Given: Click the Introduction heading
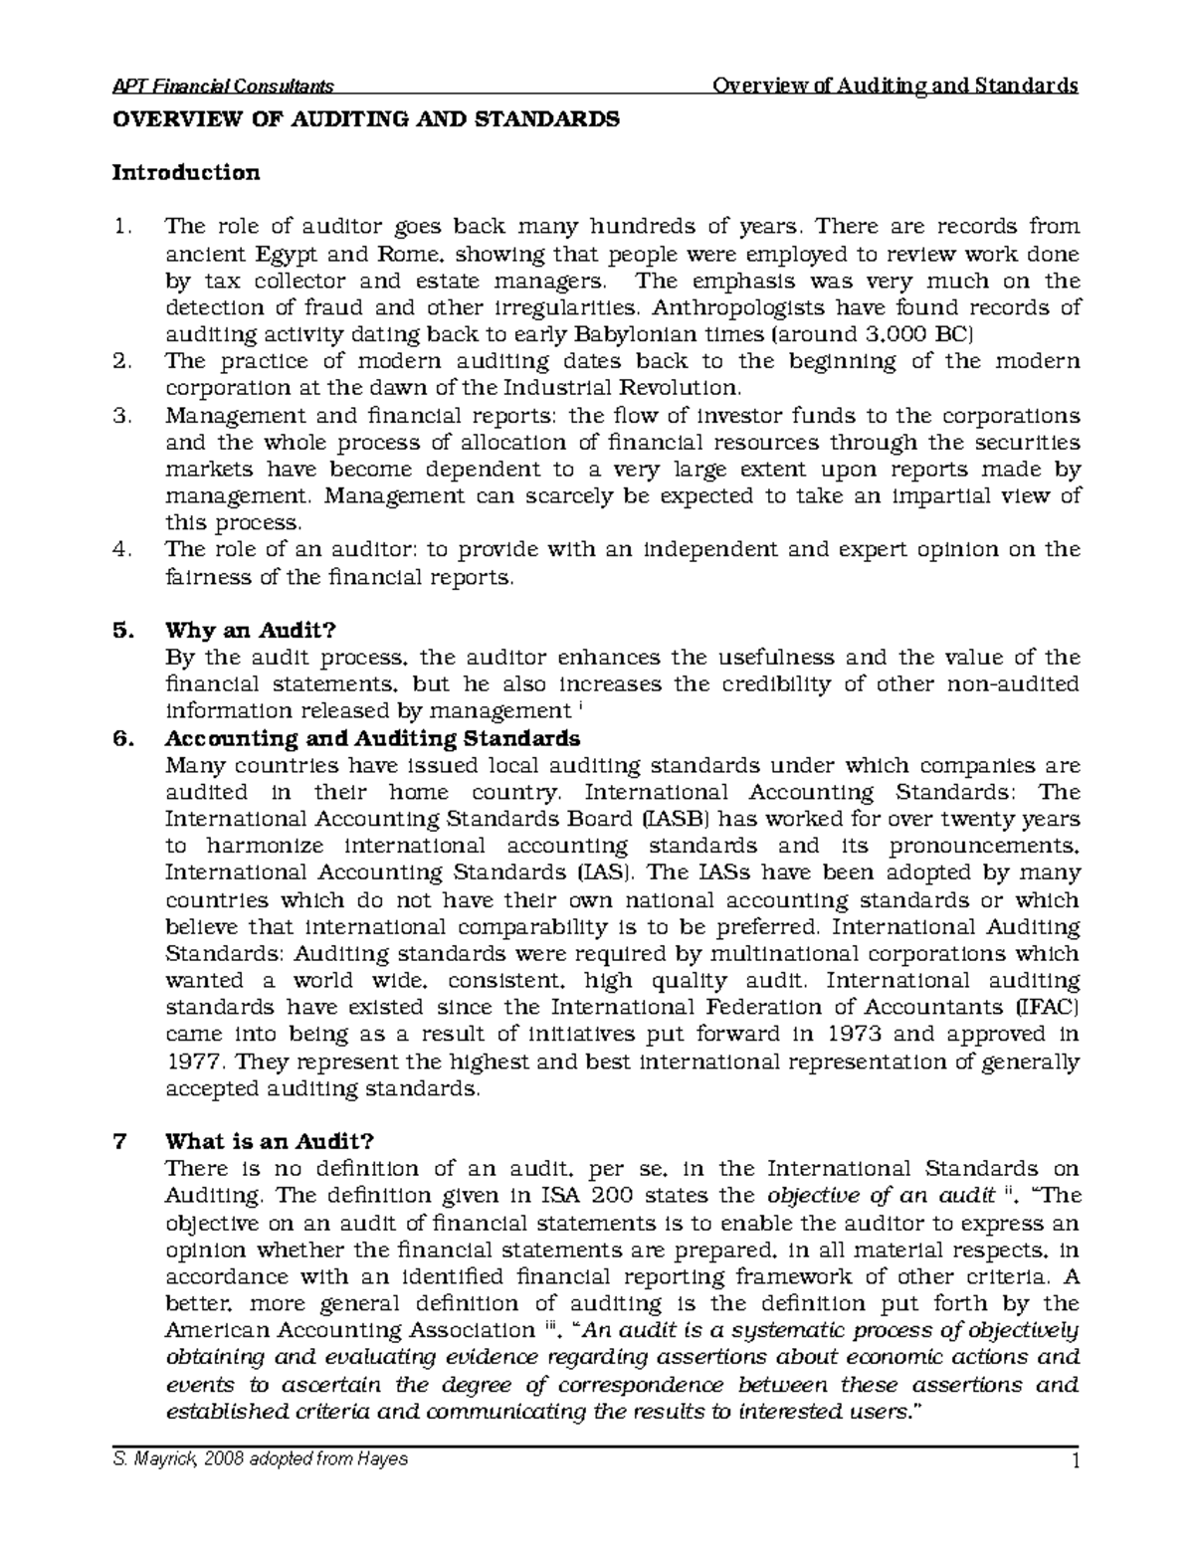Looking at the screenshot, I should coord(186,173).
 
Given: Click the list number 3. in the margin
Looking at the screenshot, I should coord(122,416).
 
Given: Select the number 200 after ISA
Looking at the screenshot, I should coord(617,1195).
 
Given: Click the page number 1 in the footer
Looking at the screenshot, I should coord(1075,1461).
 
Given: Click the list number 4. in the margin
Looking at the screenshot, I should coord(122,550).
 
